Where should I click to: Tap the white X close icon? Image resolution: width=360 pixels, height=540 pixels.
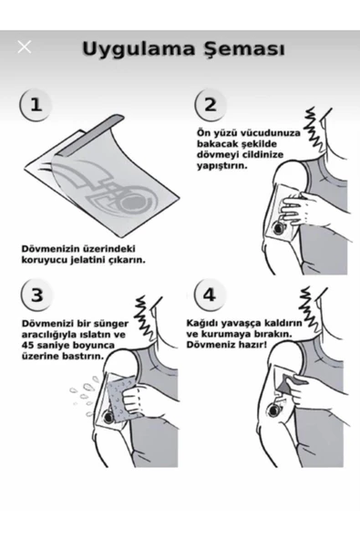(x=25, y=47)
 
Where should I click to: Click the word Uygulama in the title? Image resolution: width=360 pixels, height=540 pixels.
(x=139, y=48)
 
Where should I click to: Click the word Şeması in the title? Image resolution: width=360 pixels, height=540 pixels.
(x=242, y=49)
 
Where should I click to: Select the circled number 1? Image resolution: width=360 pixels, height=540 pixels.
(x=35, y=104)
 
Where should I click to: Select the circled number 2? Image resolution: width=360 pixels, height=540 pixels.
(x=211, y=104)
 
